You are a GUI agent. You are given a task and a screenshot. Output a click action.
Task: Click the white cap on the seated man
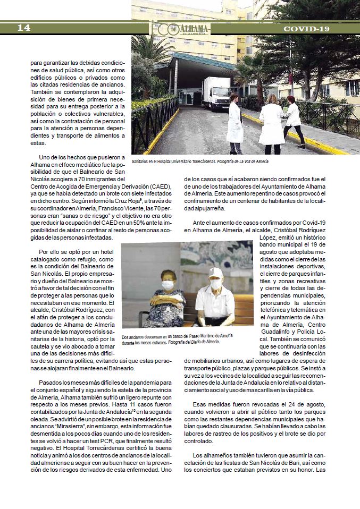[x=215, y=273]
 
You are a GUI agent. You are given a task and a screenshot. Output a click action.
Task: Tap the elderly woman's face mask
[x=168, y=286]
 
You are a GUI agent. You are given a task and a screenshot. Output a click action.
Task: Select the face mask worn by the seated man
[x=216, y=284]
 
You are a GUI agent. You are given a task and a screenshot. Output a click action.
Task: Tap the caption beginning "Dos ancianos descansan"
[x=177, y=339]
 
